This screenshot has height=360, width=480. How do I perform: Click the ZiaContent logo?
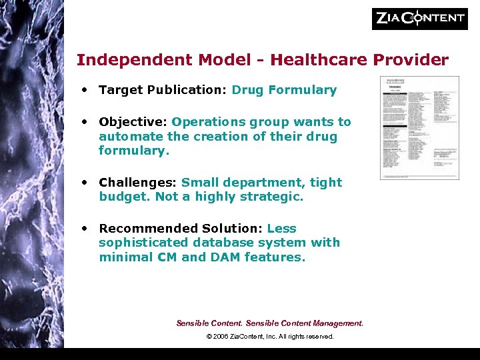[x=419, y=19]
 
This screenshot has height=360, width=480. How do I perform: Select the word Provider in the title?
[x=411, y=60]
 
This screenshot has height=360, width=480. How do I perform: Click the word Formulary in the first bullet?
[x=303, y=90]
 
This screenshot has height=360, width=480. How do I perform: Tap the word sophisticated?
[x=148, y=243]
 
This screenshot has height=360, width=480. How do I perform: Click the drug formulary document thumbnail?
[x=419, y=127]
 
